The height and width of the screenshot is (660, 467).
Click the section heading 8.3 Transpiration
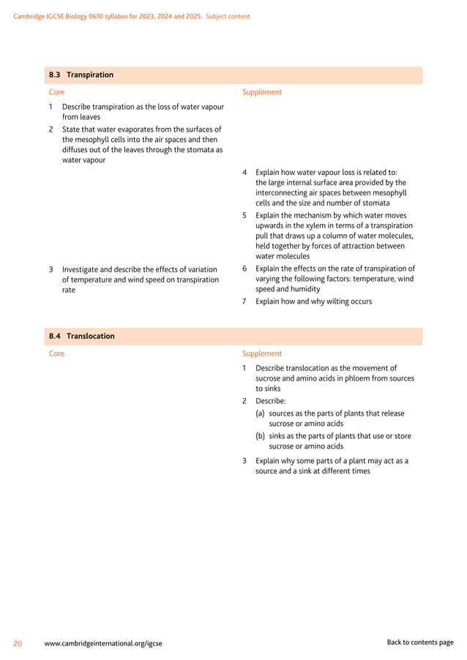81,75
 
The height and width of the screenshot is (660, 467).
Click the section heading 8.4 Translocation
82,336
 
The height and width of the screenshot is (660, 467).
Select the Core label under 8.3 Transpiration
56,92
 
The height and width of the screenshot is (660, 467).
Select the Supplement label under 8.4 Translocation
261,353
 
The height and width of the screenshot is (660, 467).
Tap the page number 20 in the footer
18,643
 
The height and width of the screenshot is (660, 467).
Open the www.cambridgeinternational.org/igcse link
103,643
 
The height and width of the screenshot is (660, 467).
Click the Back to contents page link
420,642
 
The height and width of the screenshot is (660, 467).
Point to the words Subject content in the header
228,16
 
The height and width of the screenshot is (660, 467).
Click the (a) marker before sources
261,413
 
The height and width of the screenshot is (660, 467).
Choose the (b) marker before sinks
261,435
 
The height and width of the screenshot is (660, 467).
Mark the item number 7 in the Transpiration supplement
244,301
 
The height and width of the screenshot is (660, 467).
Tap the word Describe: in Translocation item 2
271,401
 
